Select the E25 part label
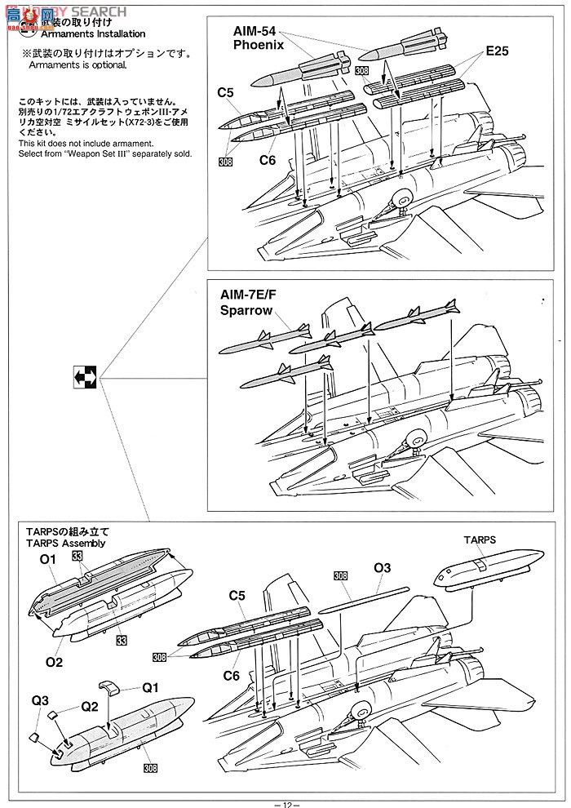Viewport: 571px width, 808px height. (x=497, y=51)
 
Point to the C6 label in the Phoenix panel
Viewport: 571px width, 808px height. (x=268, y=160)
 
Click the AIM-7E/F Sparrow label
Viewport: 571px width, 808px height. (x=250, y=302)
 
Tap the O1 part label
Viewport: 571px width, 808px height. (x=47, y=559)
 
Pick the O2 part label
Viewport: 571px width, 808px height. (x=54, y=662)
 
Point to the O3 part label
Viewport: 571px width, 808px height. (x=383, y=567)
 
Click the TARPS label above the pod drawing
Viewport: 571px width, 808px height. (x=480, y=540)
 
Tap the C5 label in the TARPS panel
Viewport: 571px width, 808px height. (x=237, y=597)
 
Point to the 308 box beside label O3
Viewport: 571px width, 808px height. (x=341, y=575)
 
